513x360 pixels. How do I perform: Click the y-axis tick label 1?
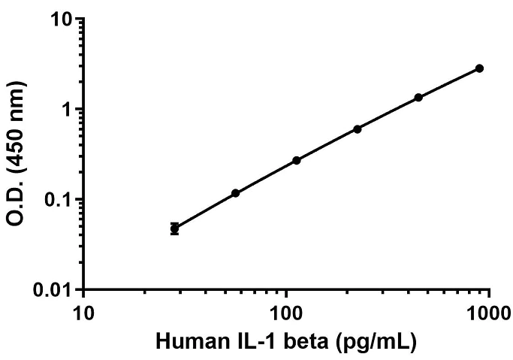coord(68,109)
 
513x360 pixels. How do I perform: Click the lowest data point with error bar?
coord(174,228)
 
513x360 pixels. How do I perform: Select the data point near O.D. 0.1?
coord(235,193)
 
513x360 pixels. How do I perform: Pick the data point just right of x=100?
coord(297,160)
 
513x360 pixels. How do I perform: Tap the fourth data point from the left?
coord(358,129)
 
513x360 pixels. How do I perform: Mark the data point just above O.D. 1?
coord(418,98)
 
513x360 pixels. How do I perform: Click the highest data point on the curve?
coord(479,68)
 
